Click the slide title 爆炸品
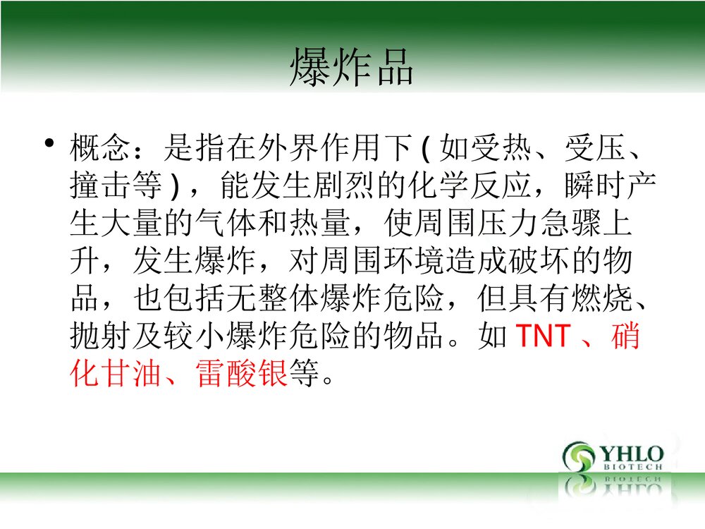(351, 68)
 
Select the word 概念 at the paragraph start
(101, 149)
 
